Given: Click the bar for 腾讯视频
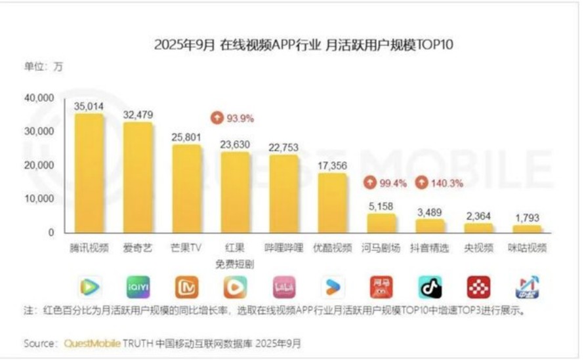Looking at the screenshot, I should click(x=89, y=174).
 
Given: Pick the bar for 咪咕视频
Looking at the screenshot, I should click(x=528, y=229).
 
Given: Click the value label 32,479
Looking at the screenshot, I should click(x=138, y=115).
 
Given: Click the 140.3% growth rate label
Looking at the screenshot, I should click(x=446, y=184).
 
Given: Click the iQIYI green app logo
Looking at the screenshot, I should click(x=138, y=287).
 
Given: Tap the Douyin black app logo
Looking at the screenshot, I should click(x=430, y=287).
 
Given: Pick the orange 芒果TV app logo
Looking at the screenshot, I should click(x=187, y=287).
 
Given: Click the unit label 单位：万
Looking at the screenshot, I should click(x=44, y=66).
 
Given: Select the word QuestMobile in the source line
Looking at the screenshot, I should click(x=88, y=343).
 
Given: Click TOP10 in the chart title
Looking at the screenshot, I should click(x=436, y=45).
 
